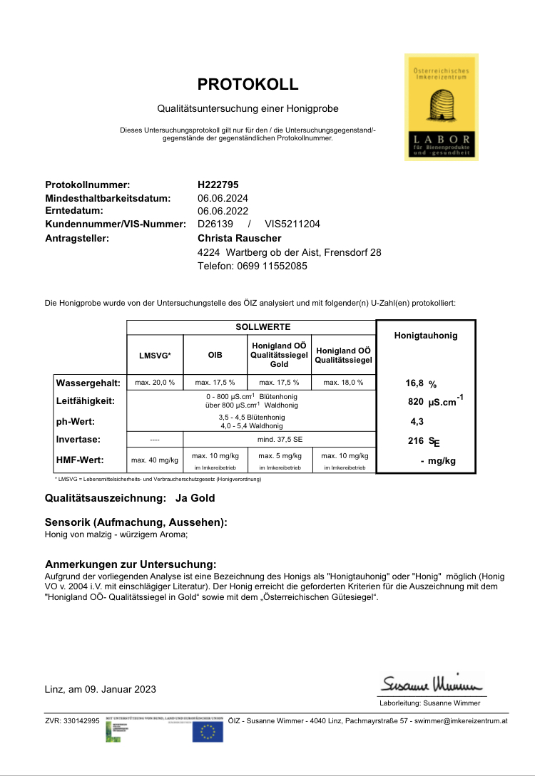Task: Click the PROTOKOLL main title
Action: click(248, 85)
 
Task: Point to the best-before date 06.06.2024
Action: click(223, 198)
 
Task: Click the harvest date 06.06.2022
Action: click(223, 211)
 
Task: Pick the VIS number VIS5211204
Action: click(292, 224)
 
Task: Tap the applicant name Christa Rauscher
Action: click(239, 238)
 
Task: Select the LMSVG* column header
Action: click(155, 354)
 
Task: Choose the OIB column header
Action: click(215, 354)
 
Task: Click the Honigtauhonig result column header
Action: click(426, 335)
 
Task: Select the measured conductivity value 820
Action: click(417, 402)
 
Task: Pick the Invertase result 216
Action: click(416, 440)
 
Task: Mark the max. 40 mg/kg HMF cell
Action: click(155, 460)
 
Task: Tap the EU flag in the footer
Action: click(208, 731)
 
